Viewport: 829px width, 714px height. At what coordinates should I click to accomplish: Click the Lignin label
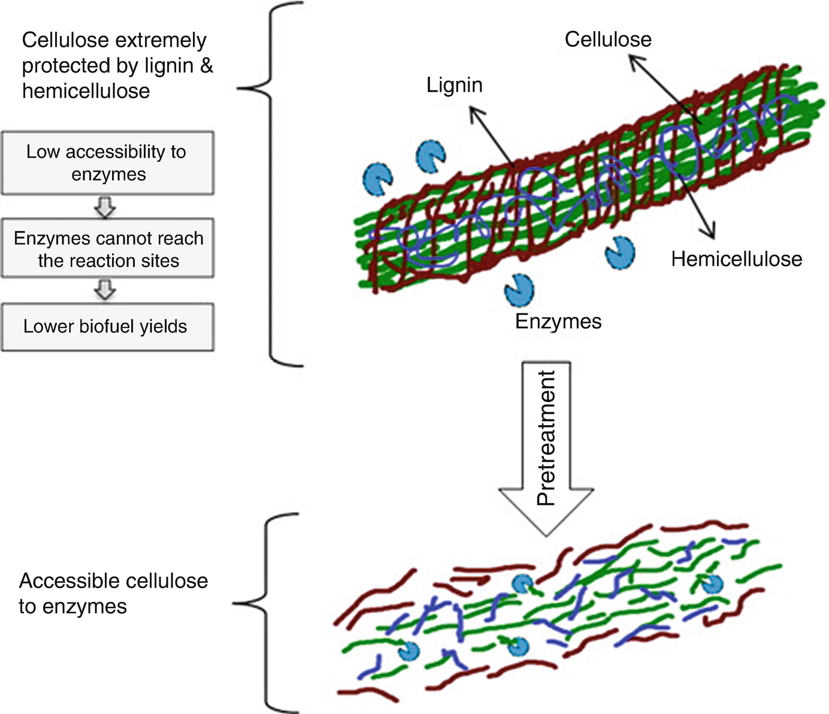[454, 85]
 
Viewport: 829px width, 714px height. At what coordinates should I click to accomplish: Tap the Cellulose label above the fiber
[607, 40]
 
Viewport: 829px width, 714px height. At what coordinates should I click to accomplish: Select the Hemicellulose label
[736, 259]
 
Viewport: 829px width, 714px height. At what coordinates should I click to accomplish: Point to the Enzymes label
[558, 322]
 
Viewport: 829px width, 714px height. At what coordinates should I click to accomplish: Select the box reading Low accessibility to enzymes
[107, 163]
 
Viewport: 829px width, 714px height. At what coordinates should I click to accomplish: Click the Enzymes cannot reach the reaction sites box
[107, 249]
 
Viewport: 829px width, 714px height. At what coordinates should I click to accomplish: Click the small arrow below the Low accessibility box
[105, 207]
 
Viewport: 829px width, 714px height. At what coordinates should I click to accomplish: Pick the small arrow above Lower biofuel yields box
[105, 289]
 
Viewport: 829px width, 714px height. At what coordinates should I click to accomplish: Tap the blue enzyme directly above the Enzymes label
[519, 290]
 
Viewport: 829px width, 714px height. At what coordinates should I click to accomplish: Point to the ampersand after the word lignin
[206, 66]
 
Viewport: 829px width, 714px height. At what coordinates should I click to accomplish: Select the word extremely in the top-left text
[161, 41]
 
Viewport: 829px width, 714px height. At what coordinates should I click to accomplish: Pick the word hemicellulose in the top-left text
[86, 91]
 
